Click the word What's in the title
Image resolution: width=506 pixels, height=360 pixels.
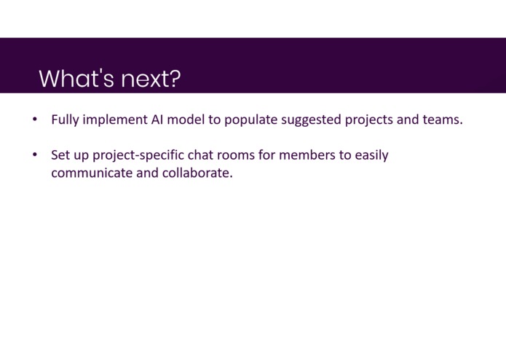[x=76, y=78]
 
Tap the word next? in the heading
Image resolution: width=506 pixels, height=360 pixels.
[x=151, y=79]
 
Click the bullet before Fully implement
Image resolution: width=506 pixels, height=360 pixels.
[x=35, y=119]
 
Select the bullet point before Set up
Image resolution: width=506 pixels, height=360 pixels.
[x=35, y=154]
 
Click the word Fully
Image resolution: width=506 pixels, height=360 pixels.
[x=66, y=120]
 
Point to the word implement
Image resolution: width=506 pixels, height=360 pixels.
[x=115, y=120]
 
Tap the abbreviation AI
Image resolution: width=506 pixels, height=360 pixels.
[x=157, y=119]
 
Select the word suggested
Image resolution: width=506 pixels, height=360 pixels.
[x=312, y=120]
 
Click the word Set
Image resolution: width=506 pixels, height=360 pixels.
[x=60, y=155]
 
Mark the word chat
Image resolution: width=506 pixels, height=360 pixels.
[x=200, y=154]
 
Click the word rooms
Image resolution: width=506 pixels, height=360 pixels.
[x=236, y=155]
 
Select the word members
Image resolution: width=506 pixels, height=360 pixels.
[x=307, y=154]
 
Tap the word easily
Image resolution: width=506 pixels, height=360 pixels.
[x=372, y=155]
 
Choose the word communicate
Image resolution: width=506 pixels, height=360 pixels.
[x=92, y=173]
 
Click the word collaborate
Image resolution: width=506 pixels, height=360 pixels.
[x=197, y=173]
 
